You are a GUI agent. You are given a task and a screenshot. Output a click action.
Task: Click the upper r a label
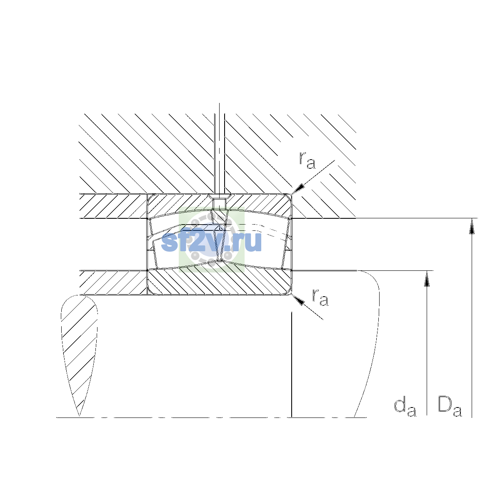tap(307, 160)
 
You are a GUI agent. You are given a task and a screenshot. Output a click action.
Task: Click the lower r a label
tap(320, 297)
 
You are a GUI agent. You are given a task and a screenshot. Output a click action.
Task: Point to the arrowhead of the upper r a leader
tap(297, 189)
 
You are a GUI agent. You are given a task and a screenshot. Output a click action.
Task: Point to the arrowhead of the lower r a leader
tap(297, 300)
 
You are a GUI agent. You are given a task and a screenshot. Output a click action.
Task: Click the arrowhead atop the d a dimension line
tap(427, 279)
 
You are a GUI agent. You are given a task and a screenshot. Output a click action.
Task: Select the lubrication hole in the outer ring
tap(219, 204)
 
